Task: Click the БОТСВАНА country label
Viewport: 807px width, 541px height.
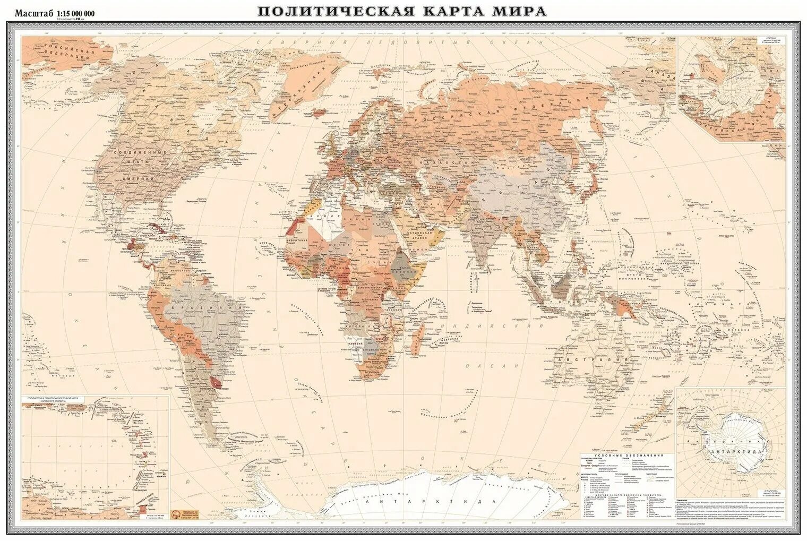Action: point(372,351)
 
